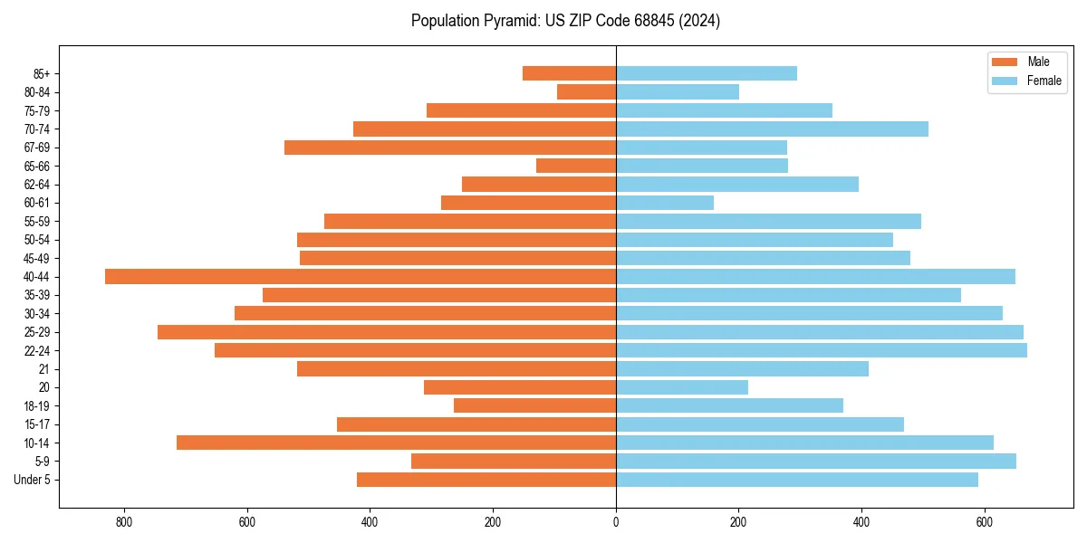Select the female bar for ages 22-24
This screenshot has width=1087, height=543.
tap(822, 350)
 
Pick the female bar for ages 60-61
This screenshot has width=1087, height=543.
tap(665, 203)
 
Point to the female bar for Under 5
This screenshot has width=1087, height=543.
tap(797, 480)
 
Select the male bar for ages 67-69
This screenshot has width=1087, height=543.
tap(450, 148)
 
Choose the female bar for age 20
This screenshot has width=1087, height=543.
tap(682, 387)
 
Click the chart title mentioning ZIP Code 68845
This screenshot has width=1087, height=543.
tap(565, 21)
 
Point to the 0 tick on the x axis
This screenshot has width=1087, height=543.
tap(616, 522)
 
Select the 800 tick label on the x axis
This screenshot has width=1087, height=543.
tap(124, 522)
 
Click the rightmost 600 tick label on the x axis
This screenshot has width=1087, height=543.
tap(984, 522)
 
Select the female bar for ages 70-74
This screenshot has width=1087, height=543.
tap(772, 129)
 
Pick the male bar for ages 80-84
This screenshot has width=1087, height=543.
tap(586, 91)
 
